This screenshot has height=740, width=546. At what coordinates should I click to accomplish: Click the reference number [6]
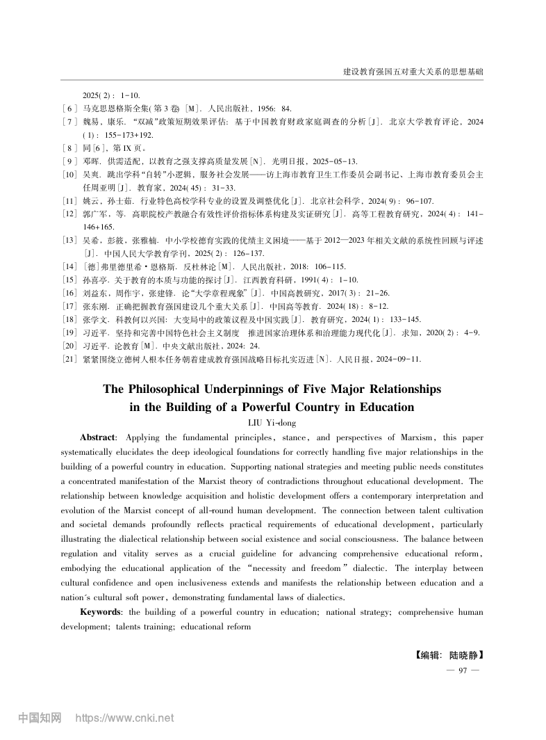tap(69, 108)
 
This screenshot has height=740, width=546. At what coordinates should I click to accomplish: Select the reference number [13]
tap(69, 240)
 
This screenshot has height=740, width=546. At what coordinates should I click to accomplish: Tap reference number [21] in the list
tap(69, 359)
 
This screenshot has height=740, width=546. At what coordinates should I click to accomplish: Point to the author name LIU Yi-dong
tap(272, 422)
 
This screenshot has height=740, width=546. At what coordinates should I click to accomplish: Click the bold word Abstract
tap(98, 437)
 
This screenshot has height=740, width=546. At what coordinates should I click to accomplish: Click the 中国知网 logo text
tap(40, 718)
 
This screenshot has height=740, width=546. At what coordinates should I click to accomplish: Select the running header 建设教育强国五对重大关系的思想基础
tap(413, 72)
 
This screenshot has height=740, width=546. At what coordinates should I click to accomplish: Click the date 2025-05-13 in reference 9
tap(336, 161)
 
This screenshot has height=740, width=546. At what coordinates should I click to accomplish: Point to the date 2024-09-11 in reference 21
tap(398, 359)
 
